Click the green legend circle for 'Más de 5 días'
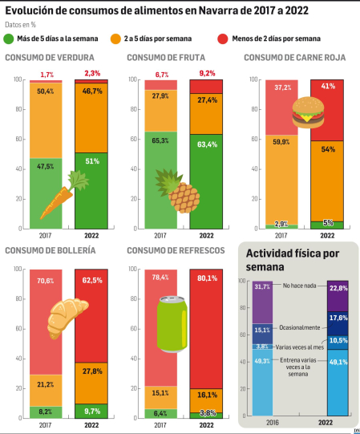(9, 39)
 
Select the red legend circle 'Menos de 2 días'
(221, 39)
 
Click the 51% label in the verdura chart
(93, 160)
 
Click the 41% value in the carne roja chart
(327, 85)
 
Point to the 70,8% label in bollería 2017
(45, 281)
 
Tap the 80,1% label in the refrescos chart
(207, 278)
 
